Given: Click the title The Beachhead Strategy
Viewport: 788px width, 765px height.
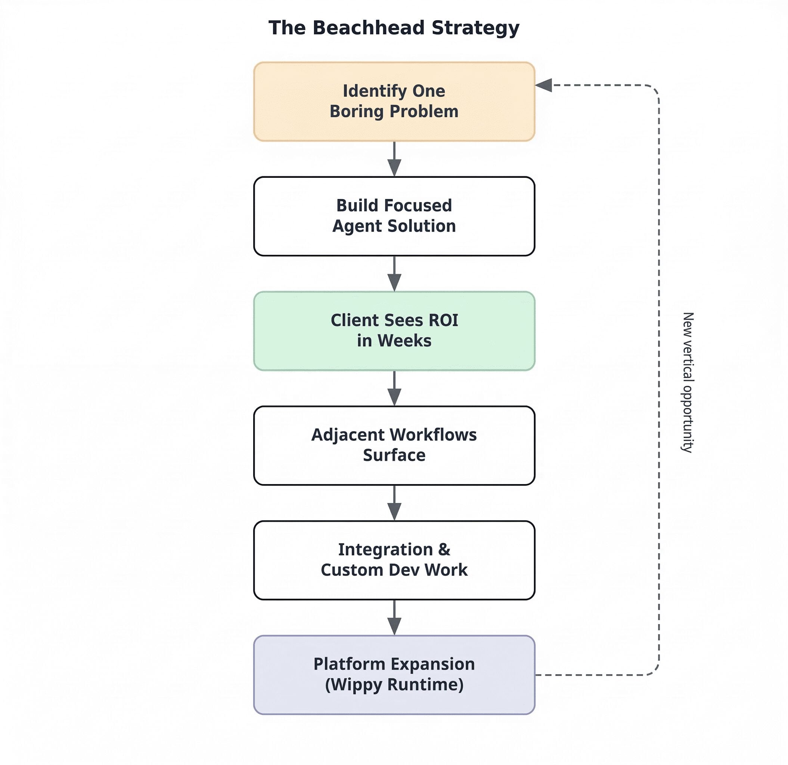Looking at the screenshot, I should point(394,28).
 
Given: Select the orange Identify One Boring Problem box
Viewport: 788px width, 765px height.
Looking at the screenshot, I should point(394,101).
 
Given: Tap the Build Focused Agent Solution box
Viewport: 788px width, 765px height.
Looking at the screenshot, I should point(394,216).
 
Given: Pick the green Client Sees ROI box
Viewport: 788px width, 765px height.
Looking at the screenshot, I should point(394,331).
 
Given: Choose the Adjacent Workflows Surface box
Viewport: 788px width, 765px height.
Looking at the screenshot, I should point(394,445).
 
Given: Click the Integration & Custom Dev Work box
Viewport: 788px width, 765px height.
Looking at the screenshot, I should point(394,560).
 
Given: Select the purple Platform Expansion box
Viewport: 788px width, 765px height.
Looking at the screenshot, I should point(394,675).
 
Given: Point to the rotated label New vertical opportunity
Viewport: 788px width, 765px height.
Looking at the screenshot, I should point(688,382).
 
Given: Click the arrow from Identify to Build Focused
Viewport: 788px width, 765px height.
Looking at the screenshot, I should point(394,159).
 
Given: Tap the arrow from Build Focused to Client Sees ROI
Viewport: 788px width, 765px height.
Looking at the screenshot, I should point(394,273).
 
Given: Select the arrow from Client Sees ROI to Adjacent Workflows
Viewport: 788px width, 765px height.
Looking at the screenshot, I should point(394,388).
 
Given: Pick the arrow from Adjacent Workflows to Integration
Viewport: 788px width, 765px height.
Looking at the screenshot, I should point(394,503).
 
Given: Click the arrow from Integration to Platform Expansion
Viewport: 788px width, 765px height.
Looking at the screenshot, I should point(394,617).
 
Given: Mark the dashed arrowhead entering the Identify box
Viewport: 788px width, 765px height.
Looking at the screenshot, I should point(543,85).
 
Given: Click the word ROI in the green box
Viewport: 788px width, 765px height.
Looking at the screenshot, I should point(443,320).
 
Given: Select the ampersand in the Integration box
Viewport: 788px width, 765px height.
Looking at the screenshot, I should point(444,550).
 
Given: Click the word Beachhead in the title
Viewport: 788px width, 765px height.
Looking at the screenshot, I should point(368,28).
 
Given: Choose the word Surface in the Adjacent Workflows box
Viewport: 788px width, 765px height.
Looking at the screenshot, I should point(394,455).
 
